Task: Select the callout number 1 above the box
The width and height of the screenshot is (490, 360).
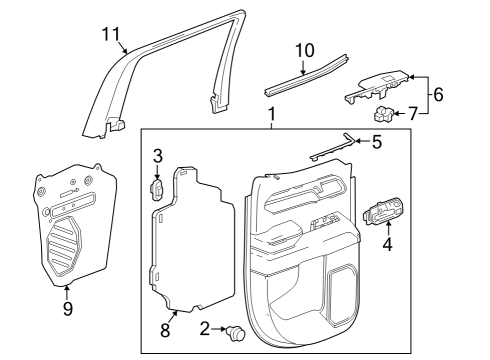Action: click(271, 117)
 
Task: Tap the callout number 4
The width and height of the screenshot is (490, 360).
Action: click(388, 242)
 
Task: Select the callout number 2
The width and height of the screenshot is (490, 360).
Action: click(204, 328)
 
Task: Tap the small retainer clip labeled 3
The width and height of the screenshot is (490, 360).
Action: click(157, 190)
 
